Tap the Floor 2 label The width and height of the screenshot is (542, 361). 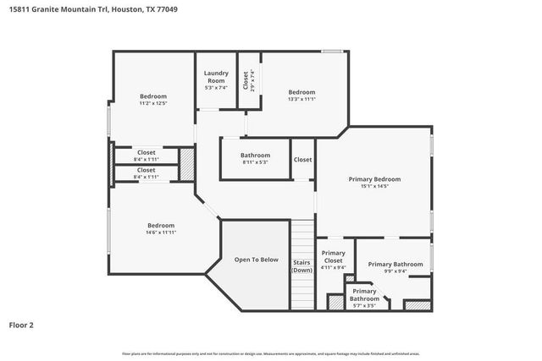point(22,324)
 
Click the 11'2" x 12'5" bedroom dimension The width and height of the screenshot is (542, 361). point(152,104)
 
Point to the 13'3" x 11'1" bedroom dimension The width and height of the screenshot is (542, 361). point(301,100)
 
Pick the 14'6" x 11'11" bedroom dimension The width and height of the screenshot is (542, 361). point(160,232)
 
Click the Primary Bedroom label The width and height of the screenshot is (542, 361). point(374,179)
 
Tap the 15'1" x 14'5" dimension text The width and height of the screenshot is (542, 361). point(374,187)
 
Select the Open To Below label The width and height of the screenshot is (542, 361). point(257,260)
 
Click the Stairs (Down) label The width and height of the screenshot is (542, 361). point(301,266)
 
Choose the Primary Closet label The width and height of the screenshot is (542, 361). point(334,257)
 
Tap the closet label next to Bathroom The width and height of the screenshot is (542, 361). point(302,160)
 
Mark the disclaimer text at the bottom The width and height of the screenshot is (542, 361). point(271,353)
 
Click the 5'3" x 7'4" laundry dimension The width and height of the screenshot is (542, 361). point(216,87)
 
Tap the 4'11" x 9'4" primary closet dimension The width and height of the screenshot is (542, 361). point(334,268)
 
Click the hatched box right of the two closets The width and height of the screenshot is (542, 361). point(185,163)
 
